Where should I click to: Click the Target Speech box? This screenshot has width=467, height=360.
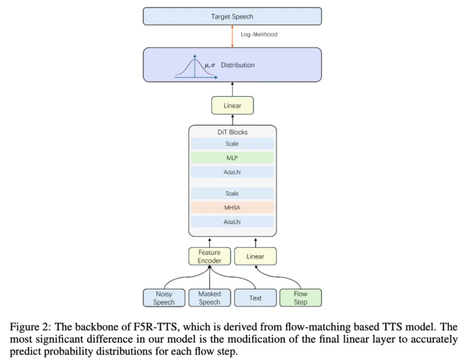coord(232,16)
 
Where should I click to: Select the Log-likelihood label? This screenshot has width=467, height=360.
coord(259,34)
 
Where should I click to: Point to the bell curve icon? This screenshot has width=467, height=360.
coord(195,67)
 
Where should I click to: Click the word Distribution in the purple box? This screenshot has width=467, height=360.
coord(238,65)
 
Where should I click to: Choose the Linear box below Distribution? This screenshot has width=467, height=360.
coord(232,106)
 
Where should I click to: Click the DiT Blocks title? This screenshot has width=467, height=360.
coord(232,132)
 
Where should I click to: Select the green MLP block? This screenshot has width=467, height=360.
coord(232,158)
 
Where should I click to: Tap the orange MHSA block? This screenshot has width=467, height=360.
coord(232,208)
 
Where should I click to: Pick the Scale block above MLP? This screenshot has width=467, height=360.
coord(232,144)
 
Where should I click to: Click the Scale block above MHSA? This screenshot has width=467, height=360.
coord(232,193)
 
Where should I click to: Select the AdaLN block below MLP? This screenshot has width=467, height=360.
coord(232,172)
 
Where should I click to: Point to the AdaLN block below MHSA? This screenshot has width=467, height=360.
coord(232,222)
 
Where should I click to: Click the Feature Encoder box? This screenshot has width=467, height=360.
coord(209,256)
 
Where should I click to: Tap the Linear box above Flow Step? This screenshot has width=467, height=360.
coord(255,256)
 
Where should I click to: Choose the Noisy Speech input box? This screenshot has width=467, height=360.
coord(164,298)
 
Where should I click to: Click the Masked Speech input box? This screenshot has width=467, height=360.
coord(209,298)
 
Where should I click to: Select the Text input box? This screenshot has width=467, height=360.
coord(255,298)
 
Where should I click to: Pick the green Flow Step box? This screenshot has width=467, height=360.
coord(301,298)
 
